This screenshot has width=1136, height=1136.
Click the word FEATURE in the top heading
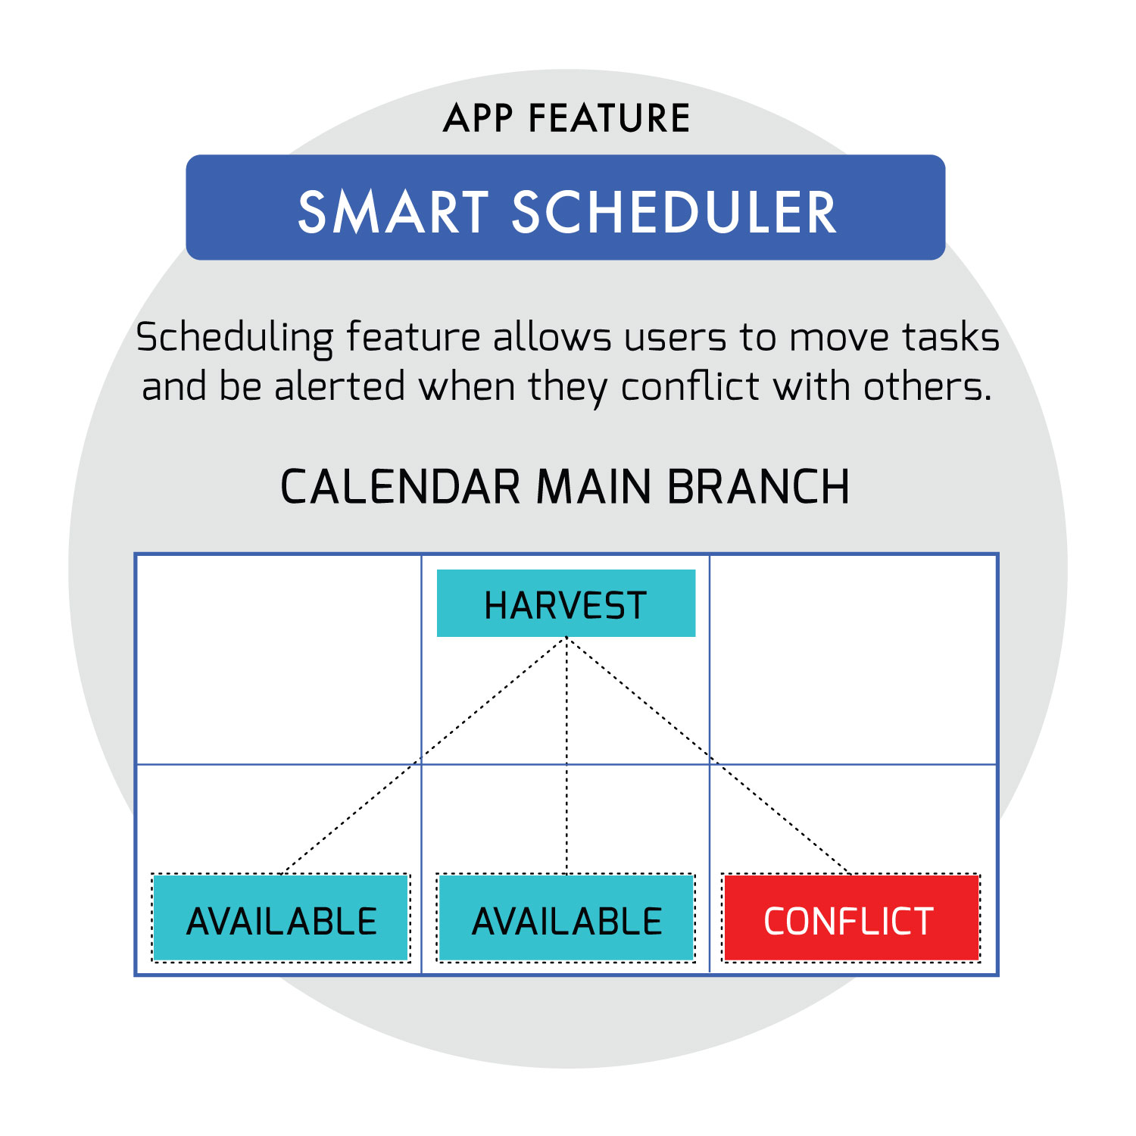[610, 118]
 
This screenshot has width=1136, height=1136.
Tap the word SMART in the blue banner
[393, 212]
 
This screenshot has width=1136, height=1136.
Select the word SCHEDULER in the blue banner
[674, 212]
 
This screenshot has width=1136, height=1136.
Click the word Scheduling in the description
[235, 338]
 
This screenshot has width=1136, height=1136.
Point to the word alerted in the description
[340, 386]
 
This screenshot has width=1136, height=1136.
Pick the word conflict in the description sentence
[690, 386]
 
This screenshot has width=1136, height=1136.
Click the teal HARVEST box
[566, 603]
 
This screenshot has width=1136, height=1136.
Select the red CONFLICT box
[852, 918]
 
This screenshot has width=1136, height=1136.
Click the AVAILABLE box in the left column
[281, 918]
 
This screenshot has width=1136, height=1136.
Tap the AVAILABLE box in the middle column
[566, 918]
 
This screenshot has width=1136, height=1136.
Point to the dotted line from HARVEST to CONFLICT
[709, 756]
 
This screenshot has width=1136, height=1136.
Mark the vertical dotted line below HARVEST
[566, 756]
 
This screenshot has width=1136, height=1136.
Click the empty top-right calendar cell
[853, 660]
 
